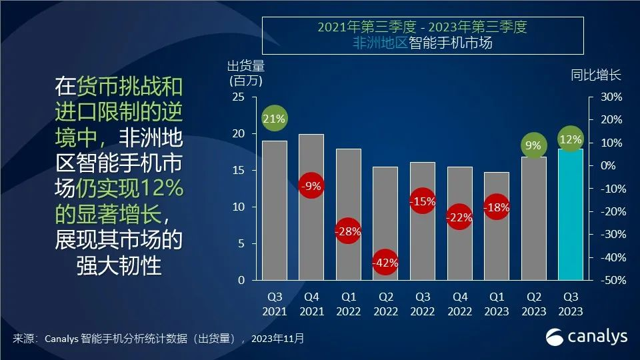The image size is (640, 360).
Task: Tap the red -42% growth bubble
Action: click(385, 263)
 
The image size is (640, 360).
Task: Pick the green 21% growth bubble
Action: click(274, 119)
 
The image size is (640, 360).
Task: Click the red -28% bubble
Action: click(348, 231)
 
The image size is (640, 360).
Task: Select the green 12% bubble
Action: click(571, 140)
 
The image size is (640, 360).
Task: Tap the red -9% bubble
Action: click(311, 187)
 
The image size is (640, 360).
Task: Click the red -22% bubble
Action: click(459, 217)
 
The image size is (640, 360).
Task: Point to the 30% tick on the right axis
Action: click(611, 97)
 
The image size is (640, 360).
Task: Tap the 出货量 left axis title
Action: click(246, 66)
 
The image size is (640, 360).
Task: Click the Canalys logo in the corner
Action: click(587, 337)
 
